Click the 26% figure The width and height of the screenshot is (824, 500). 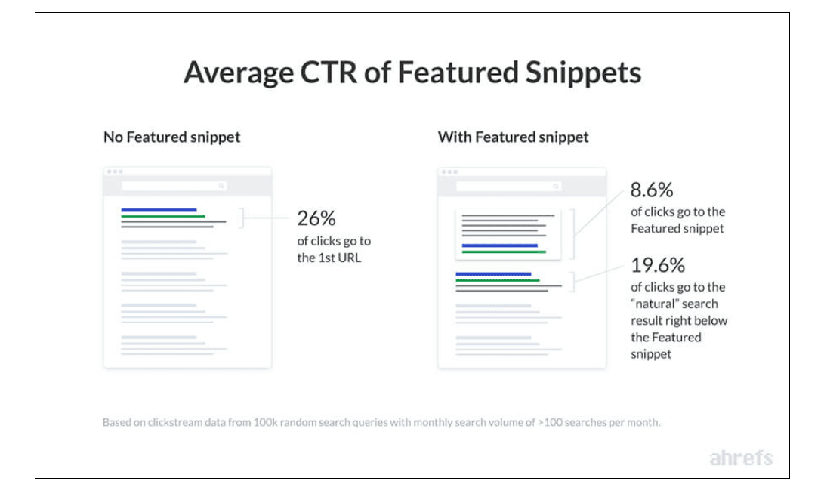[316, 218]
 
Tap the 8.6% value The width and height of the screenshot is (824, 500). [652, 190]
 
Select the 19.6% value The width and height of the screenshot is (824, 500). [658, 265]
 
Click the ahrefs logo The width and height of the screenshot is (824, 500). [741, 458]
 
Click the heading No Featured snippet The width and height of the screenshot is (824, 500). [171, 137]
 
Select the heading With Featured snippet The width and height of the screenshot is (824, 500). [513, 137]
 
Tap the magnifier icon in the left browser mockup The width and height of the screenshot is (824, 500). [221, 185]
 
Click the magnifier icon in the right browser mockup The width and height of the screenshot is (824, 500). [556, 185]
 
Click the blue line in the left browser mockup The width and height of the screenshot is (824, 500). [159, 210]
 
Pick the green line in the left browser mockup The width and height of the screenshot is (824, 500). [163, 216]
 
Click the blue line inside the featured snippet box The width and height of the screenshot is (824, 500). [499, 245]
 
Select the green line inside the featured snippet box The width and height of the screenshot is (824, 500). [504, 252]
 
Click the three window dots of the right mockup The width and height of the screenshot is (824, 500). [449, 172]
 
